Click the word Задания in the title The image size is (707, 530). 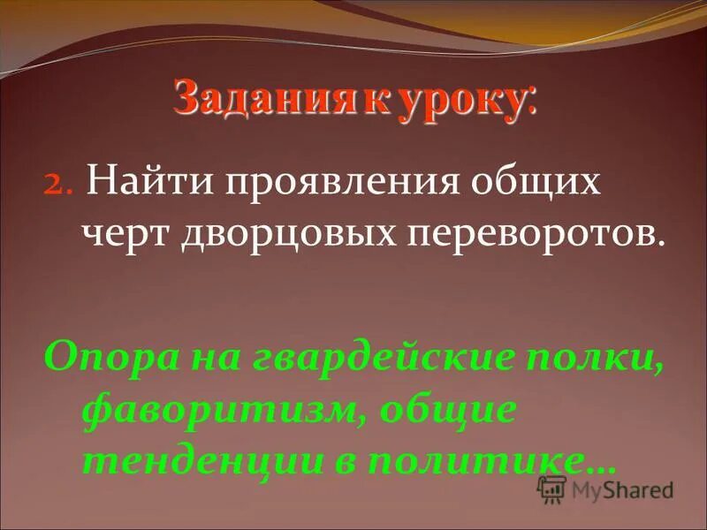(265, 98)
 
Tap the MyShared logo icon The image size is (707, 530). (551, 488)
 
